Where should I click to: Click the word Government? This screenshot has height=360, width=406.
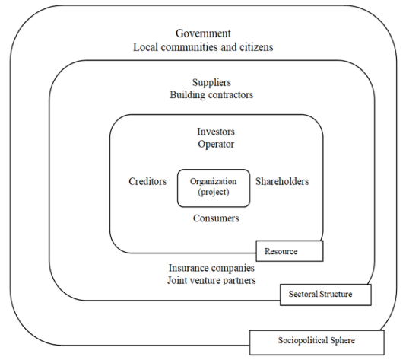(x=203, y=33)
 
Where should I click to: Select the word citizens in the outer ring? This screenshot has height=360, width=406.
(x=256, y=47)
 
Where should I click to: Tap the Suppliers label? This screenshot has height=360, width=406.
(x=211, y=83)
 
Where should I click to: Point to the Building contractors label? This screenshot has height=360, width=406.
(x=211, y=95)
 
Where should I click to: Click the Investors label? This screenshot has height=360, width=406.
(x=216, y=132)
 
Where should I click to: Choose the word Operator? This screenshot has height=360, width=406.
(x=216, y=145)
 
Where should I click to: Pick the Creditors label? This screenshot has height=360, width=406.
(x=147, y=181)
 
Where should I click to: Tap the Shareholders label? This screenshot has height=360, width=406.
(x=282, y=181)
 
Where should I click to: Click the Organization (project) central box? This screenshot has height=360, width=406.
(x=214, y=188)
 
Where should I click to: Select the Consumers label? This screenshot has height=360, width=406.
(x=216, y=218)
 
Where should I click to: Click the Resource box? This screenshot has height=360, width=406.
(x=290, y=251)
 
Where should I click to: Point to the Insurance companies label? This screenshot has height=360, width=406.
(x=211, y=268)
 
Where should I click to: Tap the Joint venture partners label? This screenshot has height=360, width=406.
(x=211, y=280)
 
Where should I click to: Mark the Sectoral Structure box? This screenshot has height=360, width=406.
(x=325, y=295)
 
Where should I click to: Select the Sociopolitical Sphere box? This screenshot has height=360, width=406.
(x=317, y=342)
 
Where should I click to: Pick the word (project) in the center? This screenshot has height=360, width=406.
(x=214, y=193)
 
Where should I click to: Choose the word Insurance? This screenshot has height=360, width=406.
(x=187, y=268)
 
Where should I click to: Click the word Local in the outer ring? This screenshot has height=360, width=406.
(x=145, y=47)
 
